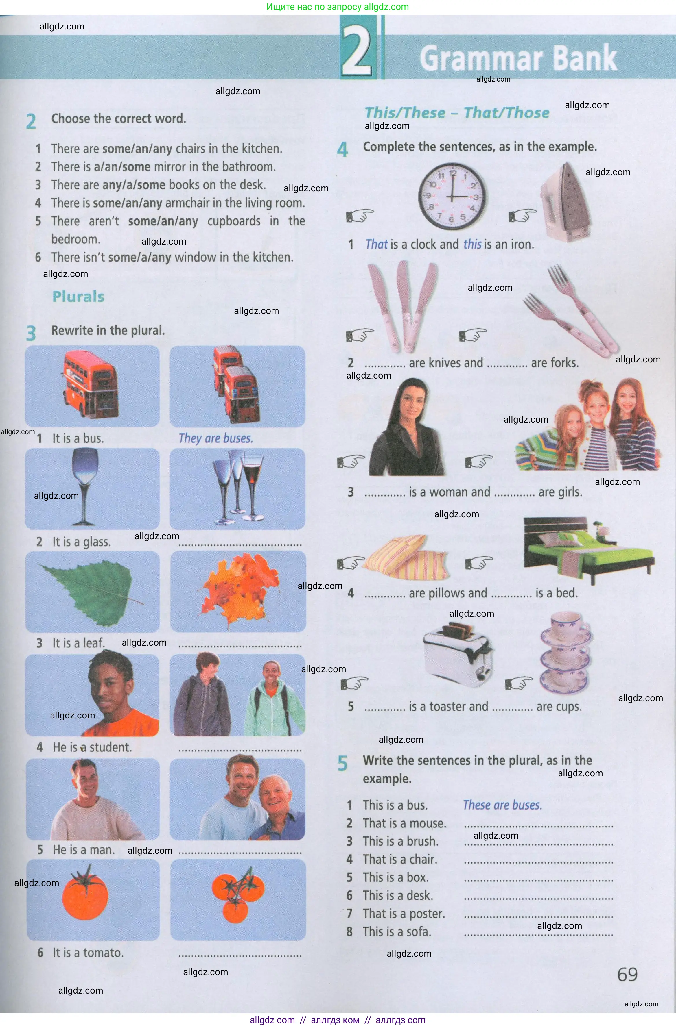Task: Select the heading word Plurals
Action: click(78, 297)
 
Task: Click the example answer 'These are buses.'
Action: click(502, 805)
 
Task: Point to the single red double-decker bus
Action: click(91, 384)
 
